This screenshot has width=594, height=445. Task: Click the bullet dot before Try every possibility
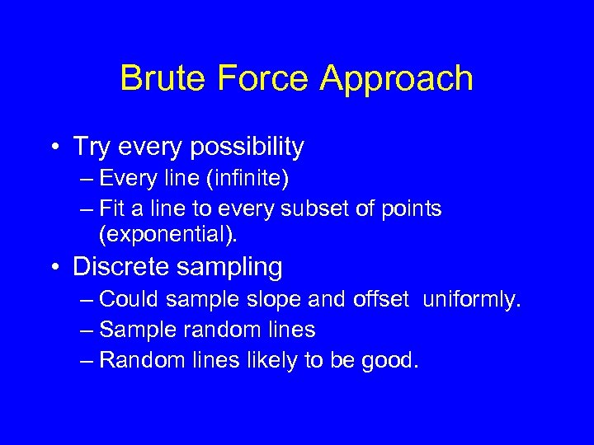54,148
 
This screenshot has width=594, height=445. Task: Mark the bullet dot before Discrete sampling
54,267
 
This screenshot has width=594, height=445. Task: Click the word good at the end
391,360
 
